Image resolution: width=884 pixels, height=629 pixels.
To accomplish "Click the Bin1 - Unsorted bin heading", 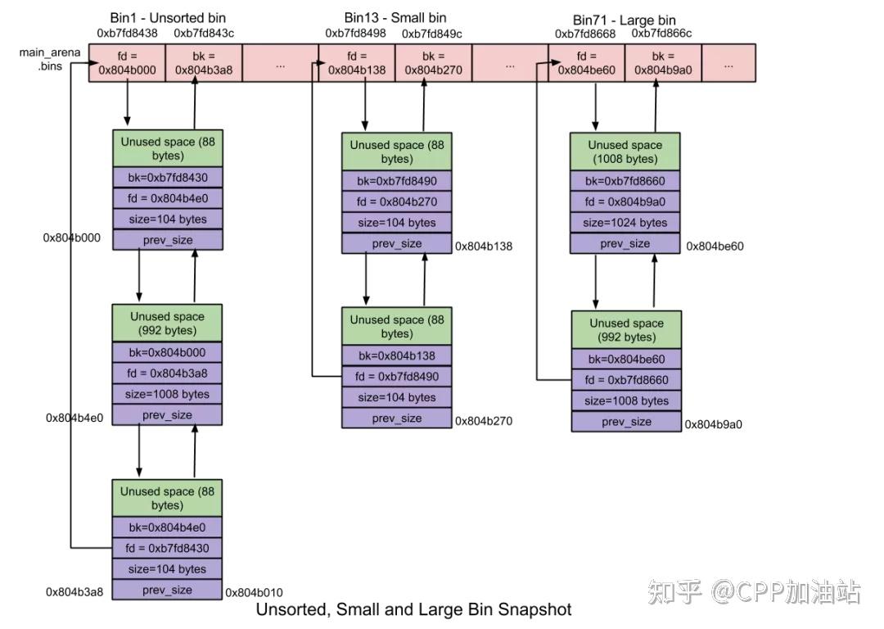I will [x=168, y=18].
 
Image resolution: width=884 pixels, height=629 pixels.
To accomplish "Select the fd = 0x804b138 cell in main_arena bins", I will [x=356, y=63].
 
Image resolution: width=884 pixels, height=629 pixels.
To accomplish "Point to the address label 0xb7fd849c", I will [x=432, y=34].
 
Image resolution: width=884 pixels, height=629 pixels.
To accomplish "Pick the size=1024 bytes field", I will [x=626, y=223].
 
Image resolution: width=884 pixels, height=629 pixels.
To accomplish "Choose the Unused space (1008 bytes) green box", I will [x=626, y=152].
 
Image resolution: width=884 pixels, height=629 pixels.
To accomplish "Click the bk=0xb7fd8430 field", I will [x=168, y=177].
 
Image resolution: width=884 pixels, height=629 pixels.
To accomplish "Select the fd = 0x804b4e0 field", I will [x=168, y=198].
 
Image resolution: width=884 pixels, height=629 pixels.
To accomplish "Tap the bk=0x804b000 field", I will [x=168, y=352].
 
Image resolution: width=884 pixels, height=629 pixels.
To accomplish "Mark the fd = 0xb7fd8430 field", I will [x=168, y=548].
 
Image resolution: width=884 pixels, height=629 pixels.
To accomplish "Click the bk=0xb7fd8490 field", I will [x=397, y=181].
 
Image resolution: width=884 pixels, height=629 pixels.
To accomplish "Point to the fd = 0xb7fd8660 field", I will [x=626, y=380].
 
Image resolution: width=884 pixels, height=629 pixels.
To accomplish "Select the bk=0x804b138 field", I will [x=397, y=355].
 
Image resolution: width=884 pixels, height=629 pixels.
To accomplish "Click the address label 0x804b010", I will [x=254, y=592].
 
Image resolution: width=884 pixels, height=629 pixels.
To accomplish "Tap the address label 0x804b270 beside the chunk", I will [x=484, y=421].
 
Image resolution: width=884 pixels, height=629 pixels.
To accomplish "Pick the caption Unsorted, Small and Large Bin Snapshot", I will [x=413, y=610].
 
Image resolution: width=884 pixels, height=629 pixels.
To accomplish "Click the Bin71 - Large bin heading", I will [x=625, y=20].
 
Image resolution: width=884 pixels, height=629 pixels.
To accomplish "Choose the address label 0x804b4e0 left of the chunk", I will [x=74, y=418].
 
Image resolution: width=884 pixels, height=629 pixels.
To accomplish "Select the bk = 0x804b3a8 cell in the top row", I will [x=204, y=63].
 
